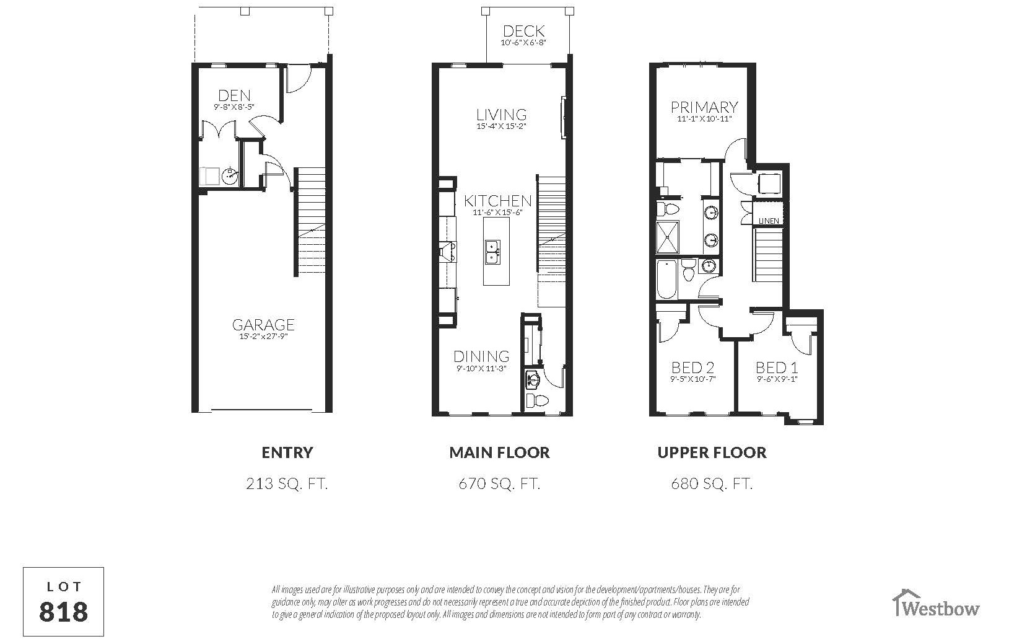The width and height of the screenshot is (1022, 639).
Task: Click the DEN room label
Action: [x=235, y=95]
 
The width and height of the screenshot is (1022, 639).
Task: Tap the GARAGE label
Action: [x=263, y=325]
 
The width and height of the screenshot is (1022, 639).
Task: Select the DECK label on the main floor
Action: [x=523, y=31]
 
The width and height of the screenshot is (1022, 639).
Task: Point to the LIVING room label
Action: [x=502, y=115]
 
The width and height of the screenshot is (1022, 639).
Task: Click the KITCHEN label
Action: [x=498, y=201]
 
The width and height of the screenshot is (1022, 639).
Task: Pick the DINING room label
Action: [x=481, y=356]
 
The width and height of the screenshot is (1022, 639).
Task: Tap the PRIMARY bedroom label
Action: [x=704, y=108]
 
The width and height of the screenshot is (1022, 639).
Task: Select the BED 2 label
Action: [x=693, y=368]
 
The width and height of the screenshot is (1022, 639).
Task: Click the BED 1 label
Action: [x=777, y=368]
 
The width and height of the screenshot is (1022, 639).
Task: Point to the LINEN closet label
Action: [x=769, y=221]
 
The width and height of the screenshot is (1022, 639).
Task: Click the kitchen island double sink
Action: [x=493, y=252]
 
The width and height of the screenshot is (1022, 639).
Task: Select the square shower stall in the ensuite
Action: [x=668, y=236]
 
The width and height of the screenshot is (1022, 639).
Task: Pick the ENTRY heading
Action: [x=287, y=452]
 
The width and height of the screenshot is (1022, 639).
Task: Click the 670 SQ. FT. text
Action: [x=499, y=483]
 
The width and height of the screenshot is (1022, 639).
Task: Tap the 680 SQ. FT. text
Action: [x=712, y=483]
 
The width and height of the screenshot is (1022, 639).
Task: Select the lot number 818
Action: [x=64, y=611]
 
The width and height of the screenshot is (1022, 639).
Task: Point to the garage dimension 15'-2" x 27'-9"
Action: [x=263, y=337]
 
